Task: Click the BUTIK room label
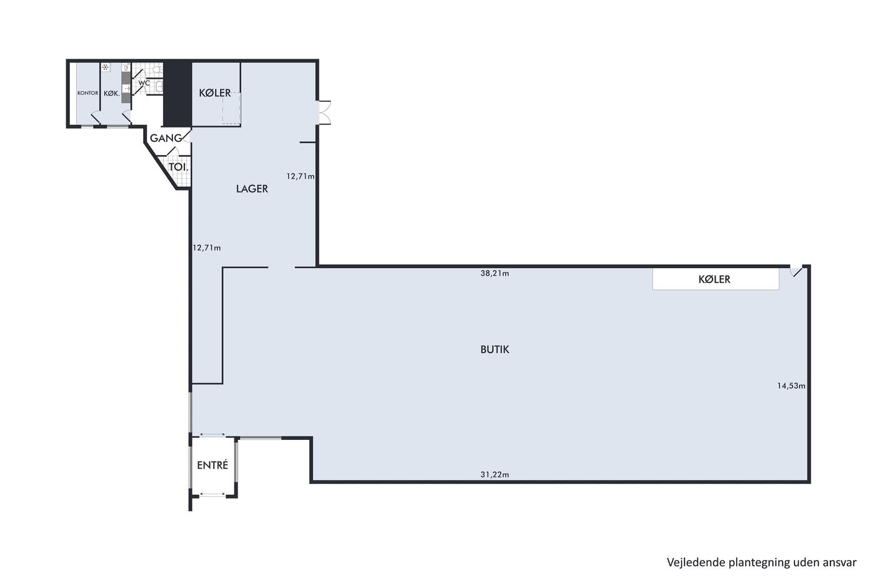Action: (x=494, y=349)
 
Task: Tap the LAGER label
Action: (x=252, y=189)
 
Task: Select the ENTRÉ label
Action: (x=212, y=465)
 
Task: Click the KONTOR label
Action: (x=88, y=93)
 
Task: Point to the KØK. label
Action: (x=112, y=93)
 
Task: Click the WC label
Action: (x=144, y=83)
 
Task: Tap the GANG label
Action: (x=166, y=138)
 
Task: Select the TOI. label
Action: (x=179, y=167)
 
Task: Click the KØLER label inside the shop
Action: (x=714, y=279)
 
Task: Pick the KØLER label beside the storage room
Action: (x=215, y=93)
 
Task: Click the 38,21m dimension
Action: (x=494, y=273)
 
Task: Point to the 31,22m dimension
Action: (x=494, y=474)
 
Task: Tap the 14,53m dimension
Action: (x=791, y=386)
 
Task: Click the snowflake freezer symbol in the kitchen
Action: (x=106, y=67)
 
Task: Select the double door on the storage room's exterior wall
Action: (x=325, y=112)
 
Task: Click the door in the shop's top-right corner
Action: (x=796, y=271)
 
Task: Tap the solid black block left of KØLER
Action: (x=177, y=94)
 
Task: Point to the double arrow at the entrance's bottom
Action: (x=212, y=494)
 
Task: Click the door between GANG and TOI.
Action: (x=172, y=151)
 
